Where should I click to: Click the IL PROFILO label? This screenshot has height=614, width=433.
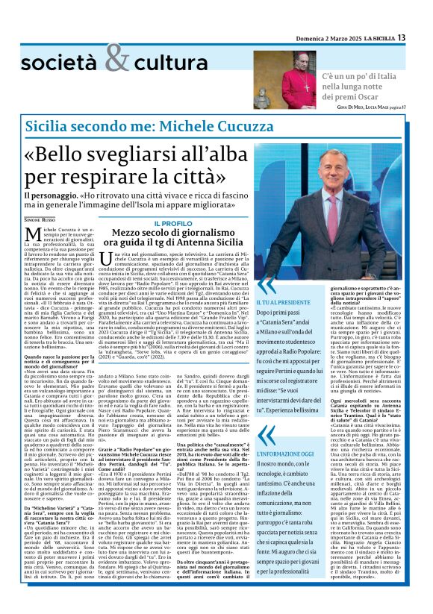point(174,223)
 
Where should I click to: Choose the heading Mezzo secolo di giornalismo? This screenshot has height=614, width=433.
point(174,234)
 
